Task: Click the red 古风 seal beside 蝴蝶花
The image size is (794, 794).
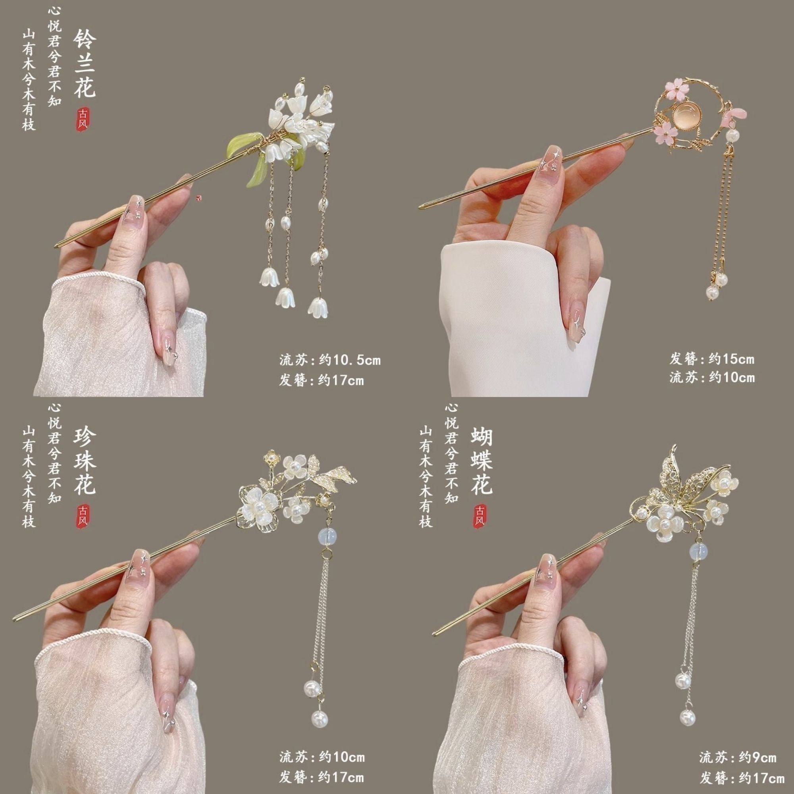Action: pos(479,515)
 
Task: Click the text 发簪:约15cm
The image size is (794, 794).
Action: pos(712,359)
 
